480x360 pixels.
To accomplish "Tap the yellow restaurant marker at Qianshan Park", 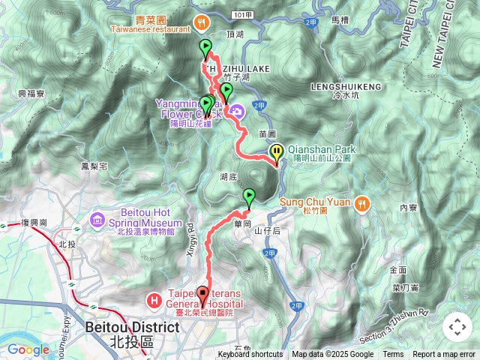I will (x=277, y=153).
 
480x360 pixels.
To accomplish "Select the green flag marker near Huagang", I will (x=249, y=198).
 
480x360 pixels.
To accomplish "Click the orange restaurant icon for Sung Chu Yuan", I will (x=363, y=202).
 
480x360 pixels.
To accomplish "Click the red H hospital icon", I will (x=154, y=301).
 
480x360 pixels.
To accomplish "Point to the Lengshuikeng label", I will (x=346, y=87).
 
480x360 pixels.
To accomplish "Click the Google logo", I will (x=28, y=349).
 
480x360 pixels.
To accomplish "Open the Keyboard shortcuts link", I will (x=250, y=355).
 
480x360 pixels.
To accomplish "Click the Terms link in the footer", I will (x=393, y=355).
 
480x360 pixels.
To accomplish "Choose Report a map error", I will (x=444, y=355).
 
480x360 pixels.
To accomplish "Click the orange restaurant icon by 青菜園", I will (x=201, y=22).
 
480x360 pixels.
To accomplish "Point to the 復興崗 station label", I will (x=34, y=223).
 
